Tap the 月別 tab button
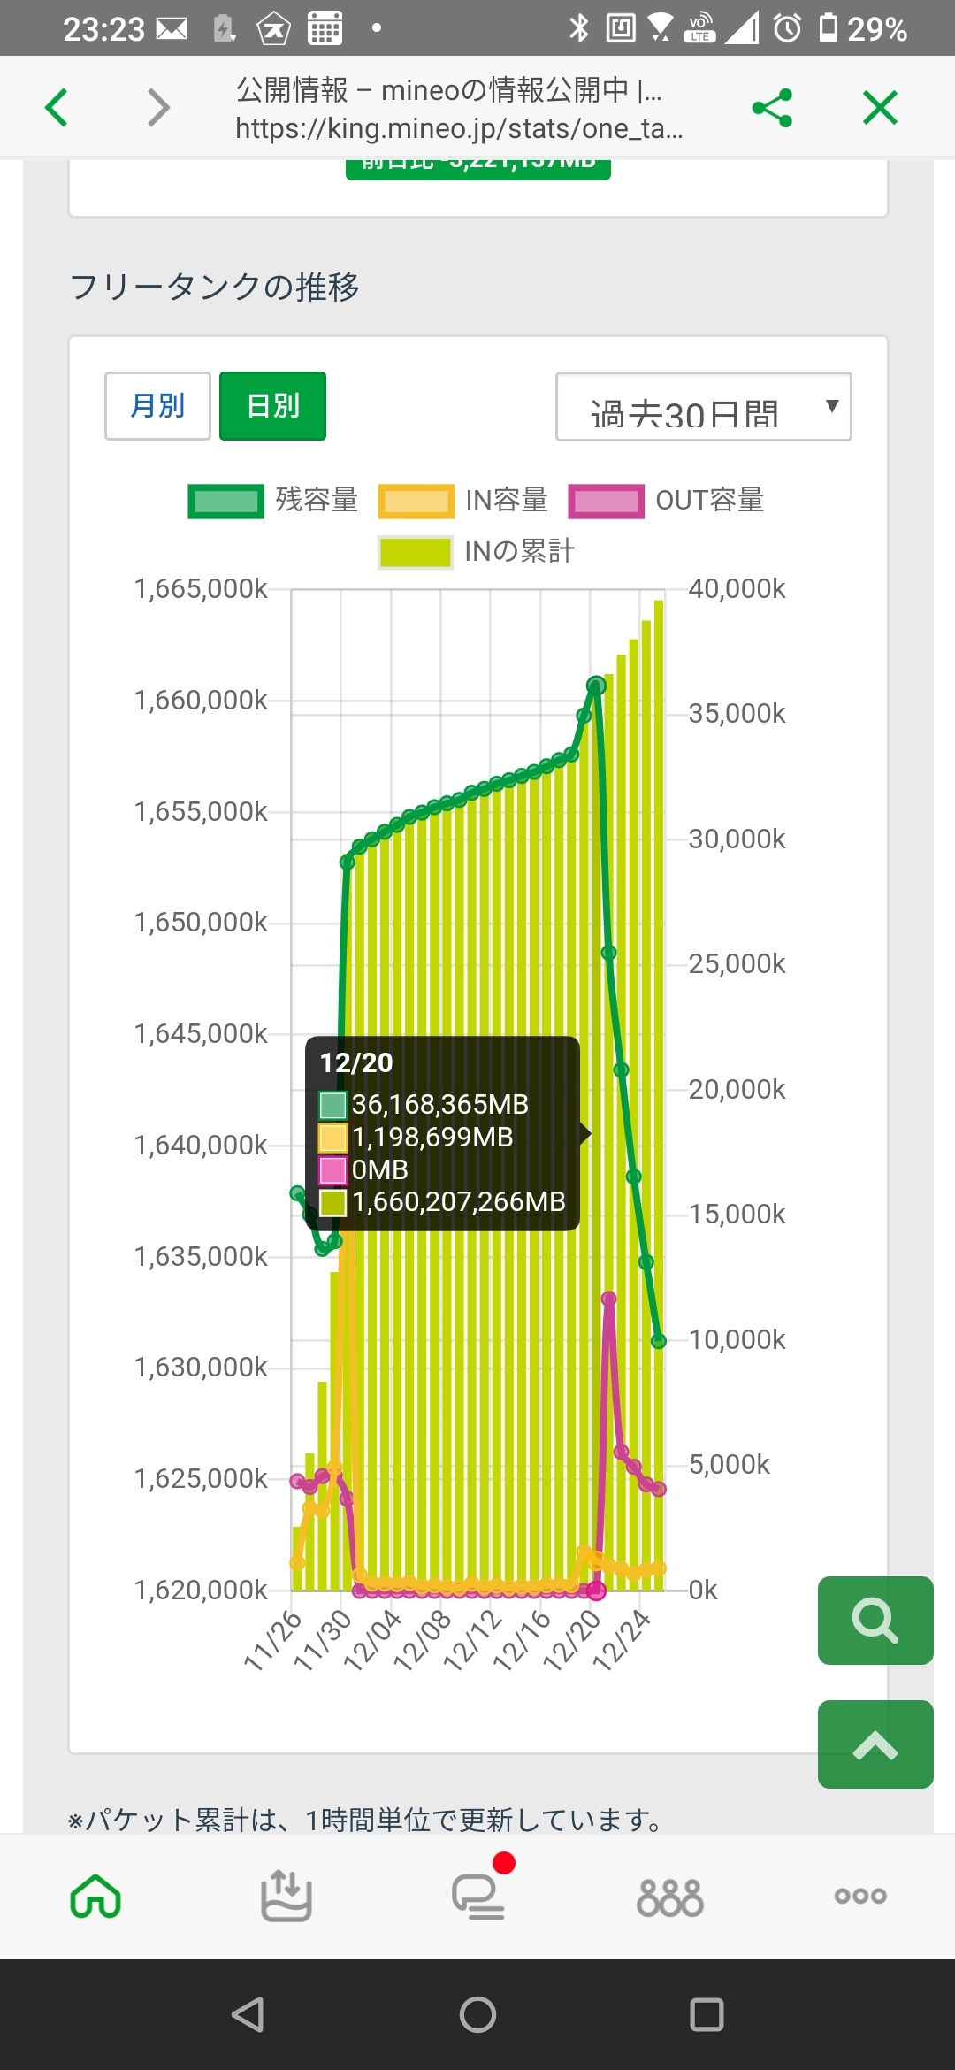pos(157,406)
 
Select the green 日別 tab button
pos(272,406)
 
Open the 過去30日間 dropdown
pos(703,407)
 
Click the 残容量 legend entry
pos(273,501)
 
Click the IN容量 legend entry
pos(463,501)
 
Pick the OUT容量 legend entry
pos(667,501)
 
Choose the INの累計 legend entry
pos(477,552)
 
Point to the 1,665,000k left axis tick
pos(201,589)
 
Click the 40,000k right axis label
pos(737,589)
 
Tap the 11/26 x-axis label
pos(273,1641)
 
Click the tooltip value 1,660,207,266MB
pos(458,1202)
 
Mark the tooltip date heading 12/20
pos(356,1063)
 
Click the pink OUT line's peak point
pos(609,1299)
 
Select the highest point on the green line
pos(597,685)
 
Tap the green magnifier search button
pos(875,1621)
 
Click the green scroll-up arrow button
pos(875,1744)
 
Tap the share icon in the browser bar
pos(772,108)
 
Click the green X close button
pos(880,108)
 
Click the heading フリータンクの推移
pos(215,287)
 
